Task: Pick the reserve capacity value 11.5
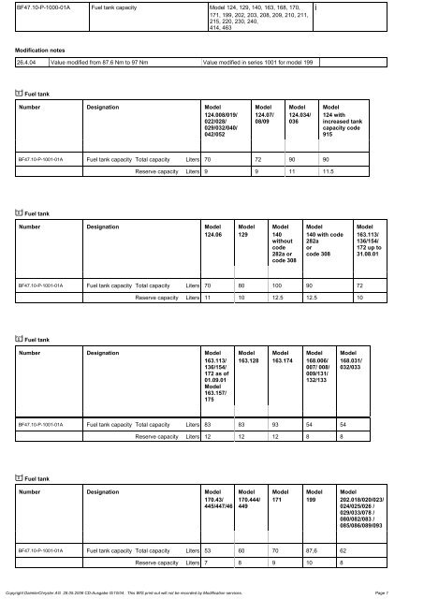point(329,172)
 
